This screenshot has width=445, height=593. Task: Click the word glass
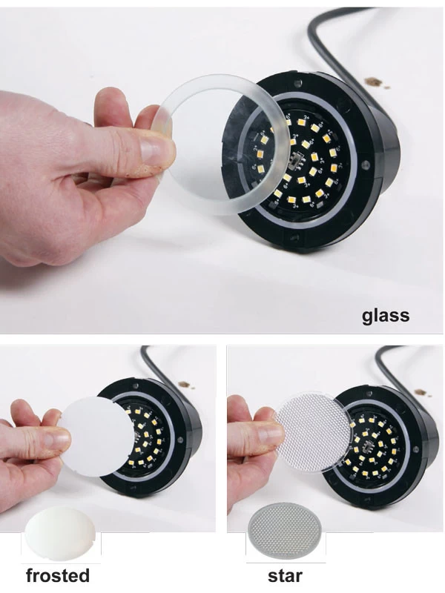[x=385, y=316]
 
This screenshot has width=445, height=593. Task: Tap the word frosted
[x=58, y=575]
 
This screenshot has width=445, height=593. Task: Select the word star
[x=285, y=576]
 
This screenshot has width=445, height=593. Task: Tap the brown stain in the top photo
[x=374, y=82]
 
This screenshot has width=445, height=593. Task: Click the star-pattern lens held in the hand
[x=312, y=432]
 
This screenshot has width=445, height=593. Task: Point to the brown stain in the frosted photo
[x=185, y=385]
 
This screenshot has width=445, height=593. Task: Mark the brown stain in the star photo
[x=421, y=392]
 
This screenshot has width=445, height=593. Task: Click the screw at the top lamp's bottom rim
[x=294, y=238]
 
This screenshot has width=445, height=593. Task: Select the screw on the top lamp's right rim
[x=365, y=165]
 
